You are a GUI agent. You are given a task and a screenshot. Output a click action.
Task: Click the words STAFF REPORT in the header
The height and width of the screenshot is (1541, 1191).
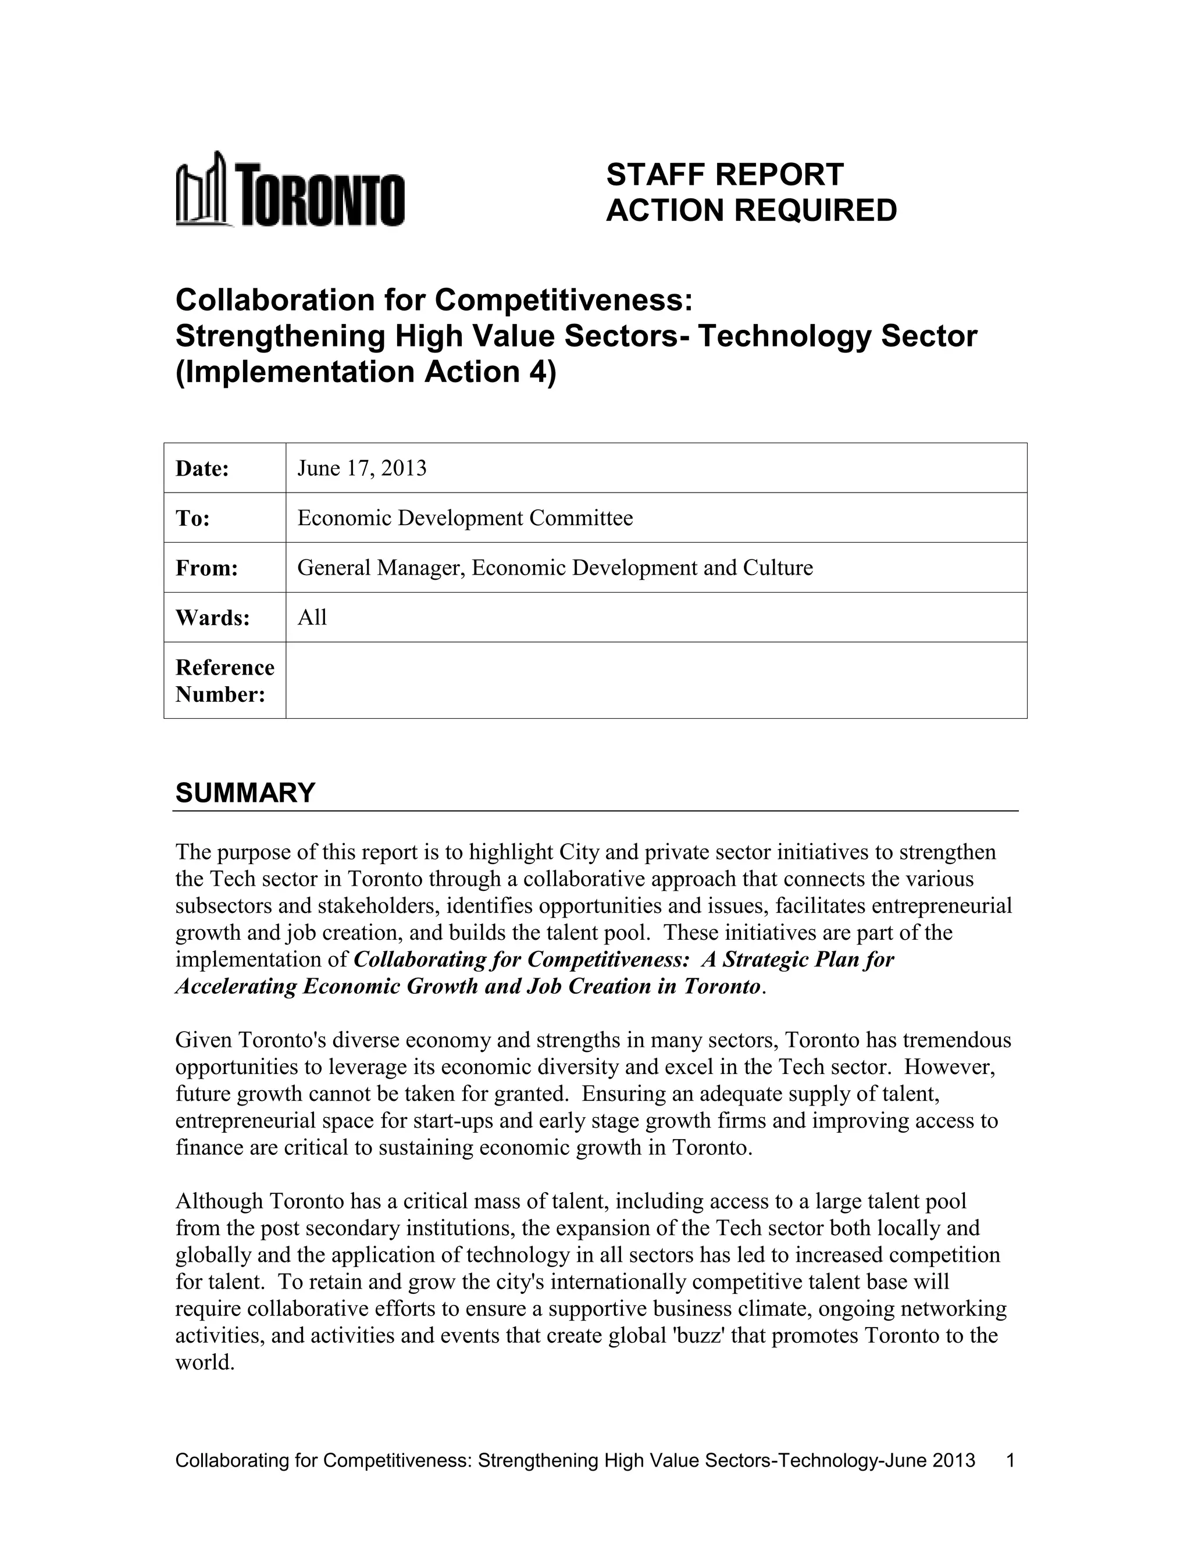[724, 174]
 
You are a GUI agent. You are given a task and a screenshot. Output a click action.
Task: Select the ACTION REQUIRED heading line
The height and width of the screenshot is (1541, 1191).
[751, 211]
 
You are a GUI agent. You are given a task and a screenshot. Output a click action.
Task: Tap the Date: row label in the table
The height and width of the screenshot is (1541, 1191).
[202, 469]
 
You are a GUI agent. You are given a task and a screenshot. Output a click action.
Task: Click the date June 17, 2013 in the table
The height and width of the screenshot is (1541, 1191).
[361, 469]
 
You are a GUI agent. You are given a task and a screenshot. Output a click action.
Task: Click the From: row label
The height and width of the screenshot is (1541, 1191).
[206, 568]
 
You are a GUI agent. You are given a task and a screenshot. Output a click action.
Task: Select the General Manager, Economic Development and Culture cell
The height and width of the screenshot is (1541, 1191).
[555, 568]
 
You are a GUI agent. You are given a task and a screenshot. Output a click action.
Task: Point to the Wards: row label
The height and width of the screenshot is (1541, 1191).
[212, 618]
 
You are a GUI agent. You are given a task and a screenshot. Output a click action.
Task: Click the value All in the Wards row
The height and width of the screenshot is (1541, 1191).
[312, 618]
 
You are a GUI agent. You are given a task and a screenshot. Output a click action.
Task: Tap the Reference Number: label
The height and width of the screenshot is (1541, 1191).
[224, 681]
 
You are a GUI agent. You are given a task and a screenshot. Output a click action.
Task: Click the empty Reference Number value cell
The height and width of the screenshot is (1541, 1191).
[655, 681]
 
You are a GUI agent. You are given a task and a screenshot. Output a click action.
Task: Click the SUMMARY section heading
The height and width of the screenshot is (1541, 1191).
[245, 793]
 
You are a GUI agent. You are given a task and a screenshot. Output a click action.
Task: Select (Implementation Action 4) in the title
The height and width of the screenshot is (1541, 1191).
[365, 372]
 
